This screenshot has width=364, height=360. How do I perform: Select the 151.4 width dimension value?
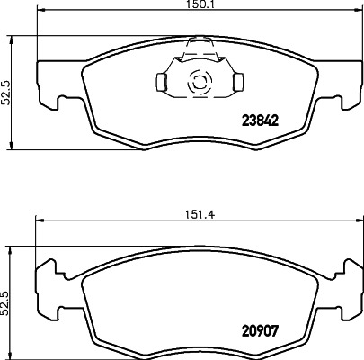tap(185, 214)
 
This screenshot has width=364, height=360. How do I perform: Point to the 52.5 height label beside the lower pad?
tap(5, 298)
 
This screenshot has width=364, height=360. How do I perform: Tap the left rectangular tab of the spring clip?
tap(162, 83)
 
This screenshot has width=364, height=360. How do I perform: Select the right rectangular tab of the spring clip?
tap(237, 83)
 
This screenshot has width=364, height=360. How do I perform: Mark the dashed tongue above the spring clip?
tap(198, 46)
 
